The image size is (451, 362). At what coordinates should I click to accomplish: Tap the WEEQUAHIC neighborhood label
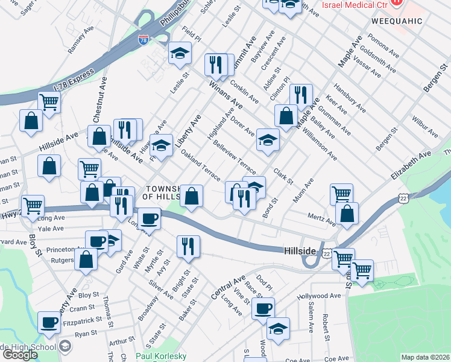pyautogui.click(x=391, y=20)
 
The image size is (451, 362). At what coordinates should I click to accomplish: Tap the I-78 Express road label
pyautogui.click(x=74, y=80)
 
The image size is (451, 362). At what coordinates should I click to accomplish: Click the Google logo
pyautogui.click(x=20, y=355)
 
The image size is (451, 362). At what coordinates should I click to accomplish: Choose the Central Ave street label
pyautogui.click(x=228, y=288)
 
